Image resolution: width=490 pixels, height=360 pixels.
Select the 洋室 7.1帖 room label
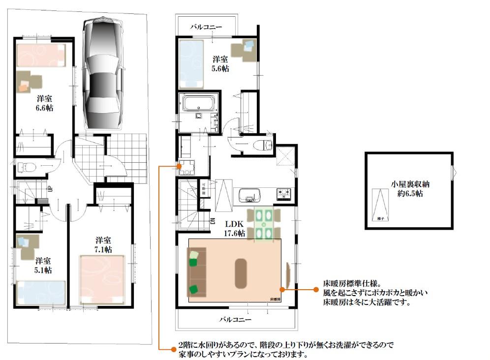coord(103,244)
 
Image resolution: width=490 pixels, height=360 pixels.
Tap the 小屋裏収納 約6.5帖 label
coord(408,189)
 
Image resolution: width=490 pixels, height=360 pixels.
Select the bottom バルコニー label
coord(236,319)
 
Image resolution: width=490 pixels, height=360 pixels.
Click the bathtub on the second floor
coord(198,104)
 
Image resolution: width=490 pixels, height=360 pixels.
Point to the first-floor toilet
coord(25,168)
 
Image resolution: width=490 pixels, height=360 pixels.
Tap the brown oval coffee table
coord(242,273)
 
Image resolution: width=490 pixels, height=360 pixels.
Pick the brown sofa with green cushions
coord(195,273)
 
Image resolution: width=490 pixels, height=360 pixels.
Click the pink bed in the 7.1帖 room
coord(104,278)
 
